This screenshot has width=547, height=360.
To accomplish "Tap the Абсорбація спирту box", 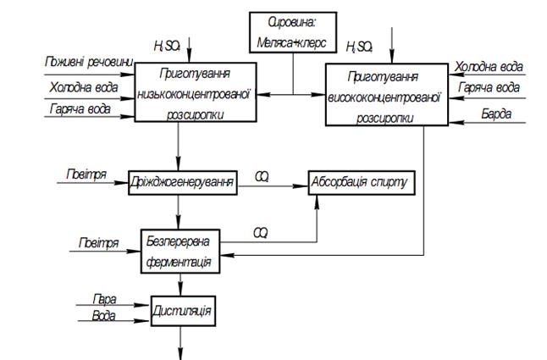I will [x=360, y=182].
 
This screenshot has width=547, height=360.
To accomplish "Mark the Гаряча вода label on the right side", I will [x=489, y=87].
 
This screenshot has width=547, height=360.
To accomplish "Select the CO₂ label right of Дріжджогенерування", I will [x=262, y=176].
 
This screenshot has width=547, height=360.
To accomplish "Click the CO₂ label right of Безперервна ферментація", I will [x=262, y=231].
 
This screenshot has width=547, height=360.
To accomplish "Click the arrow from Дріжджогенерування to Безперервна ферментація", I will [x=180, y=209].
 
